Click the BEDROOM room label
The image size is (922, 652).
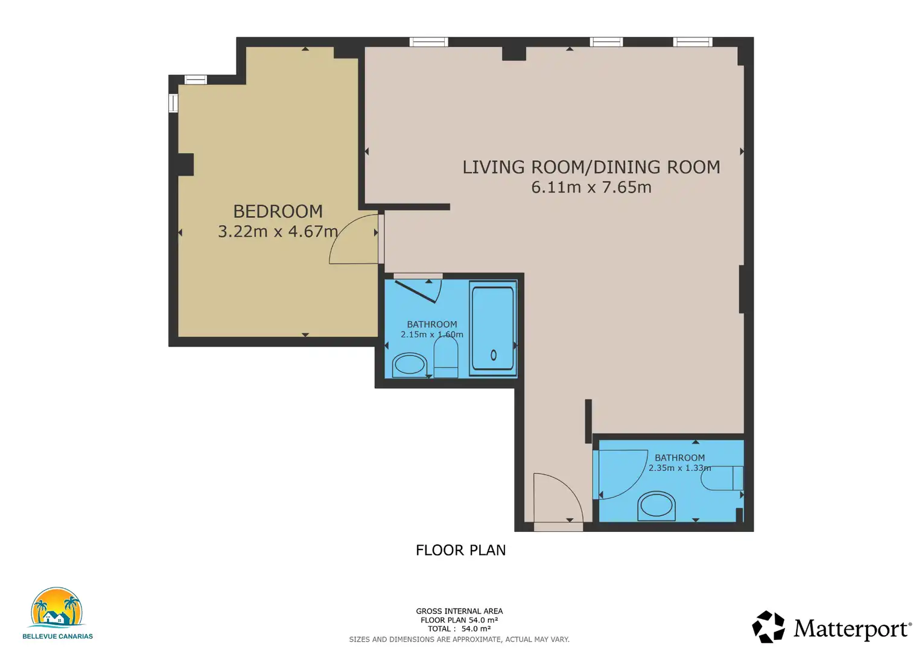[x=278, y=211]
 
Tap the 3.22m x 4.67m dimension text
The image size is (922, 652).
[x=278, y=231]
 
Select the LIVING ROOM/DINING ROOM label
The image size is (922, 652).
[x=591, y=167]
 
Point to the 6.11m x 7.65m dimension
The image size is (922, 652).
[x=591, y=187]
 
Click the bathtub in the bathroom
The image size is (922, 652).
[x=493, y=328]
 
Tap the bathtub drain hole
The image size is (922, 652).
[x=494, y=354]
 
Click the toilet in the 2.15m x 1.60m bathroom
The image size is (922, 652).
[x=446, y=357]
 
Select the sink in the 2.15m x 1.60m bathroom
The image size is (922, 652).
[x=409, y=365]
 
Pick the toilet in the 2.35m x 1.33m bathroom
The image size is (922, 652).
[x=722, y=478]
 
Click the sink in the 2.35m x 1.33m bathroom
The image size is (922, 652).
[x=657, y=506]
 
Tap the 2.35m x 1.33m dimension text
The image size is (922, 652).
[x=679, y=468]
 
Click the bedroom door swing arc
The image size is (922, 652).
[x=346, y=231]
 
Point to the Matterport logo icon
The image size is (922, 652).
[x=768, y=627]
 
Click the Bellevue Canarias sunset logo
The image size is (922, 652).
[x=57, y=607]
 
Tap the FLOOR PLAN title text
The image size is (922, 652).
[x=460, y=550]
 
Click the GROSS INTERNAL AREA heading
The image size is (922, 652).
[x=459, y=611]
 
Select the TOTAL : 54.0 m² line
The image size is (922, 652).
[x=459, y=629]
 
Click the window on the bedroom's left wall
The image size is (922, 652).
[x=173, y=103]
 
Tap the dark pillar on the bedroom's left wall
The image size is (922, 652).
[x=186, y=164]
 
